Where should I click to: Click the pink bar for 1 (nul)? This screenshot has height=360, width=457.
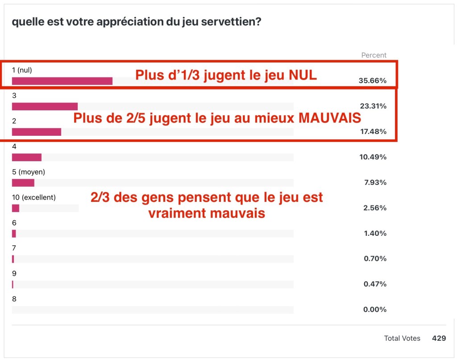coord(62,81)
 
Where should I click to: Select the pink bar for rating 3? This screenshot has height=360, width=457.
coord(45,106)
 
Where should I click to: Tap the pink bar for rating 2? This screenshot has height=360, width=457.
coord(36,132)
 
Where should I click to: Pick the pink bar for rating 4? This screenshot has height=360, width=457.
coord(26,157)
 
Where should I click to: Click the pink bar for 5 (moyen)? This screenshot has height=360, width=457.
coord(23,183)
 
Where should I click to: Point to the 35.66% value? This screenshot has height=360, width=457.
coord(373,81)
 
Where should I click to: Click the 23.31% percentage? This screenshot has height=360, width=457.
coord(373,106)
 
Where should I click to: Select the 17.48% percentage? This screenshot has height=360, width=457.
coord(373,132)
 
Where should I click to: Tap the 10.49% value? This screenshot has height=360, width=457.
coord(373,157)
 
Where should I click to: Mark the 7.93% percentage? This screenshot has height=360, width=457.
coord(374,183)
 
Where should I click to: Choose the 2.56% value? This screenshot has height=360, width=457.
coord(374,208)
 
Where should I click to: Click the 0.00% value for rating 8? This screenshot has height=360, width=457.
coord(374,310)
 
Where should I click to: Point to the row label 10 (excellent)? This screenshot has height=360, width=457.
coord(33,197)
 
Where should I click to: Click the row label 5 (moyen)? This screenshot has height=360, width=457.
coord(29,172)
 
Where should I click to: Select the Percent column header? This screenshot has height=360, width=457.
coord(374,55)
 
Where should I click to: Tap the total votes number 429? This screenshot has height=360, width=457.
coord(439,339)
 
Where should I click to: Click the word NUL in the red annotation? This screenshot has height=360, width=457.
coord(300,75)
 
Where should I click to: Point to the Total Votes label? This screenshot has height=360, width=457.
coord(402,339)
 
